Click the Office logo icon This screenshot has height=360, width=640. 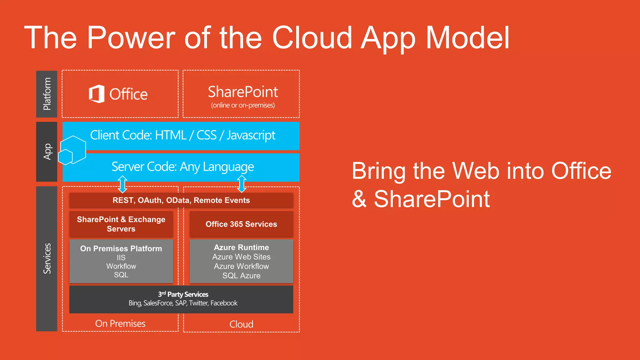tap(97, 94)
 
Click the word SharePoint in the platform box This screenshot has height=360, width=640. tap(243, 92)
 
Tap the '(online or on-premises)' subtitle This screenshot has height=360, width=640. tap(243, 105)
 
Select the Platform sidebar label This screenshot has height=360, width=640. tap(47, 94)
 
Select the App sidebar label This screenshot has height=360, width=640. tap(47, 152)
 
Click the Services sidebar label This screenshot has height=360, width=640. tap(47, 258)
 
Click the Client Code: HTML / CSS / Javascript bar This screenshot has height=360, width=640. tap(182, 135)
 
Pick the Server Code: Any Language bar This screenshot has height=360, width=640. tap(182, 167)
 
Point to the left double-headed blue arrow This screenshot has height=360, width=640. tap(122, 184)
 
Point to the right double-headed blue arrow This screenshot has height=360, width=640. tap(242, 184)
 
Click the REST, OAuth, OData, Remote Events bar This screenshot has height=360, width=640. tap(181, 200)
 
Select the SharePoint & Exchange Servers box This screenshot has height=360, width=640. tap(121, 224)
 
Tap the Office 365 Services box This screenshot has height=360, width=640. tap(241, 224)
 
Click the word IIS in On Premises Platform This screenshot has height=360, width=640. tap(121, 257)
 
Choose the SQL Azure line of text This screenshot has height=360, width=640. tap(241, 276)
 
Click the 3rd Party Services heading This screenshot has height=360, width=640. tap(183, 294)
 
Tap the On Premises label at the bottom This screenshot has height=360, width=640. tap(120, 323)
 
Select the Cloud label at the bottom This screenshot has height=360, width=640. tap(241, 324)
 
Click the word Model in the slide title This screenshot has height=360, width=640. tap(467, 38)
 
